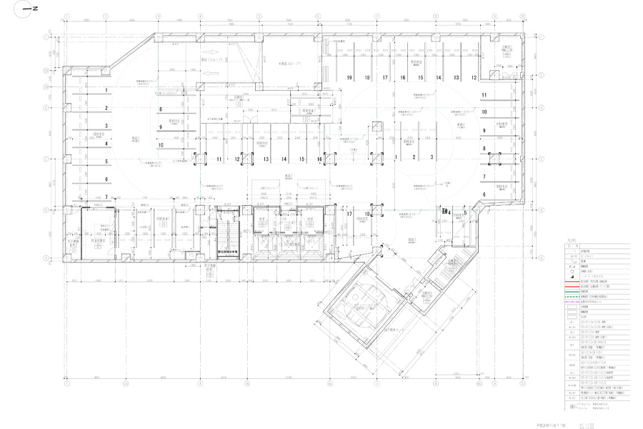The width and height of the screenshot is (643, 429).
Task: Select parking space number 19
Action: click(350, 77)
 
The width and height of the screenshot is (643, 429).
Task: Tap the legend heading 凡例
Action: click(569, 245)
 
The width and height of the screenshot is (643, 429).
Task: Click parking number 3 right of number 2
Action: click(432, 157)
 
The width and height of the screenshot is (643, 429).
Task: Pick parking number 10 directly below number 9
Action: click(161, 144)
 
